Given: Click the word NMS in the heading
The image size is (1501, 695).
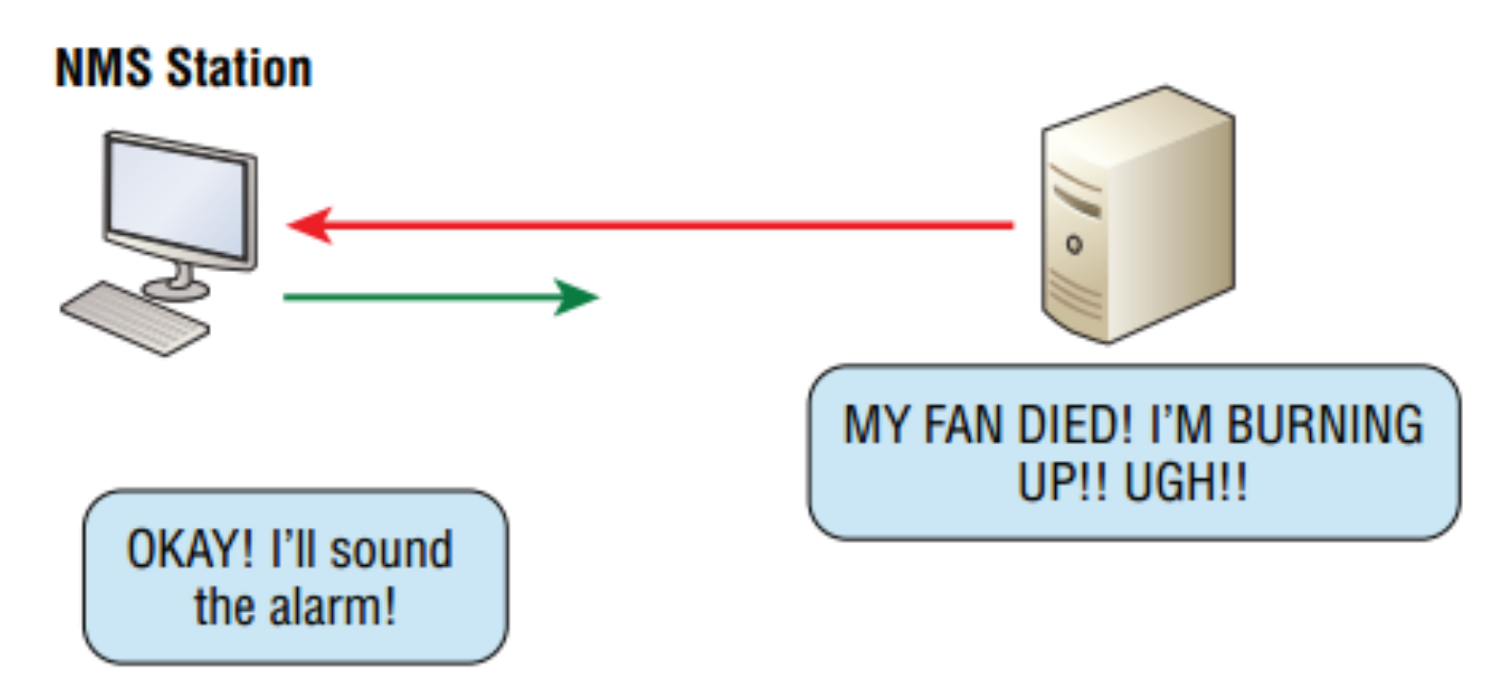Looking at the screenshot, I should [103, 69].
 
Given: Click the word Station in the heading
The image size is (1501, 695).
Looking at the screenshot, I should [239, 69].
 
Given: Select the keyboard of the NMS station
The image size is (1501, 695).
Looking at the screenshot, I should [135, 318].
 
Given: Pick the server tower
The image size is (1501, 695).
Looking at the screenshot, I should [1136, 215].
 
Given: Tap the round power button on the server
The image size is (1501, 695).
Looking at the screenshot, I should [1073, 244].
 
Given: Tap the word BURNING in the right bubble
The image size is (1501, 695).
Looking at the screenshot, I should [1324, 425].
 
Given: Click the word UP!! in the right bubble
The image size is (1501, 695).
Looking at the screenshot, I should [1062, 482].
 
